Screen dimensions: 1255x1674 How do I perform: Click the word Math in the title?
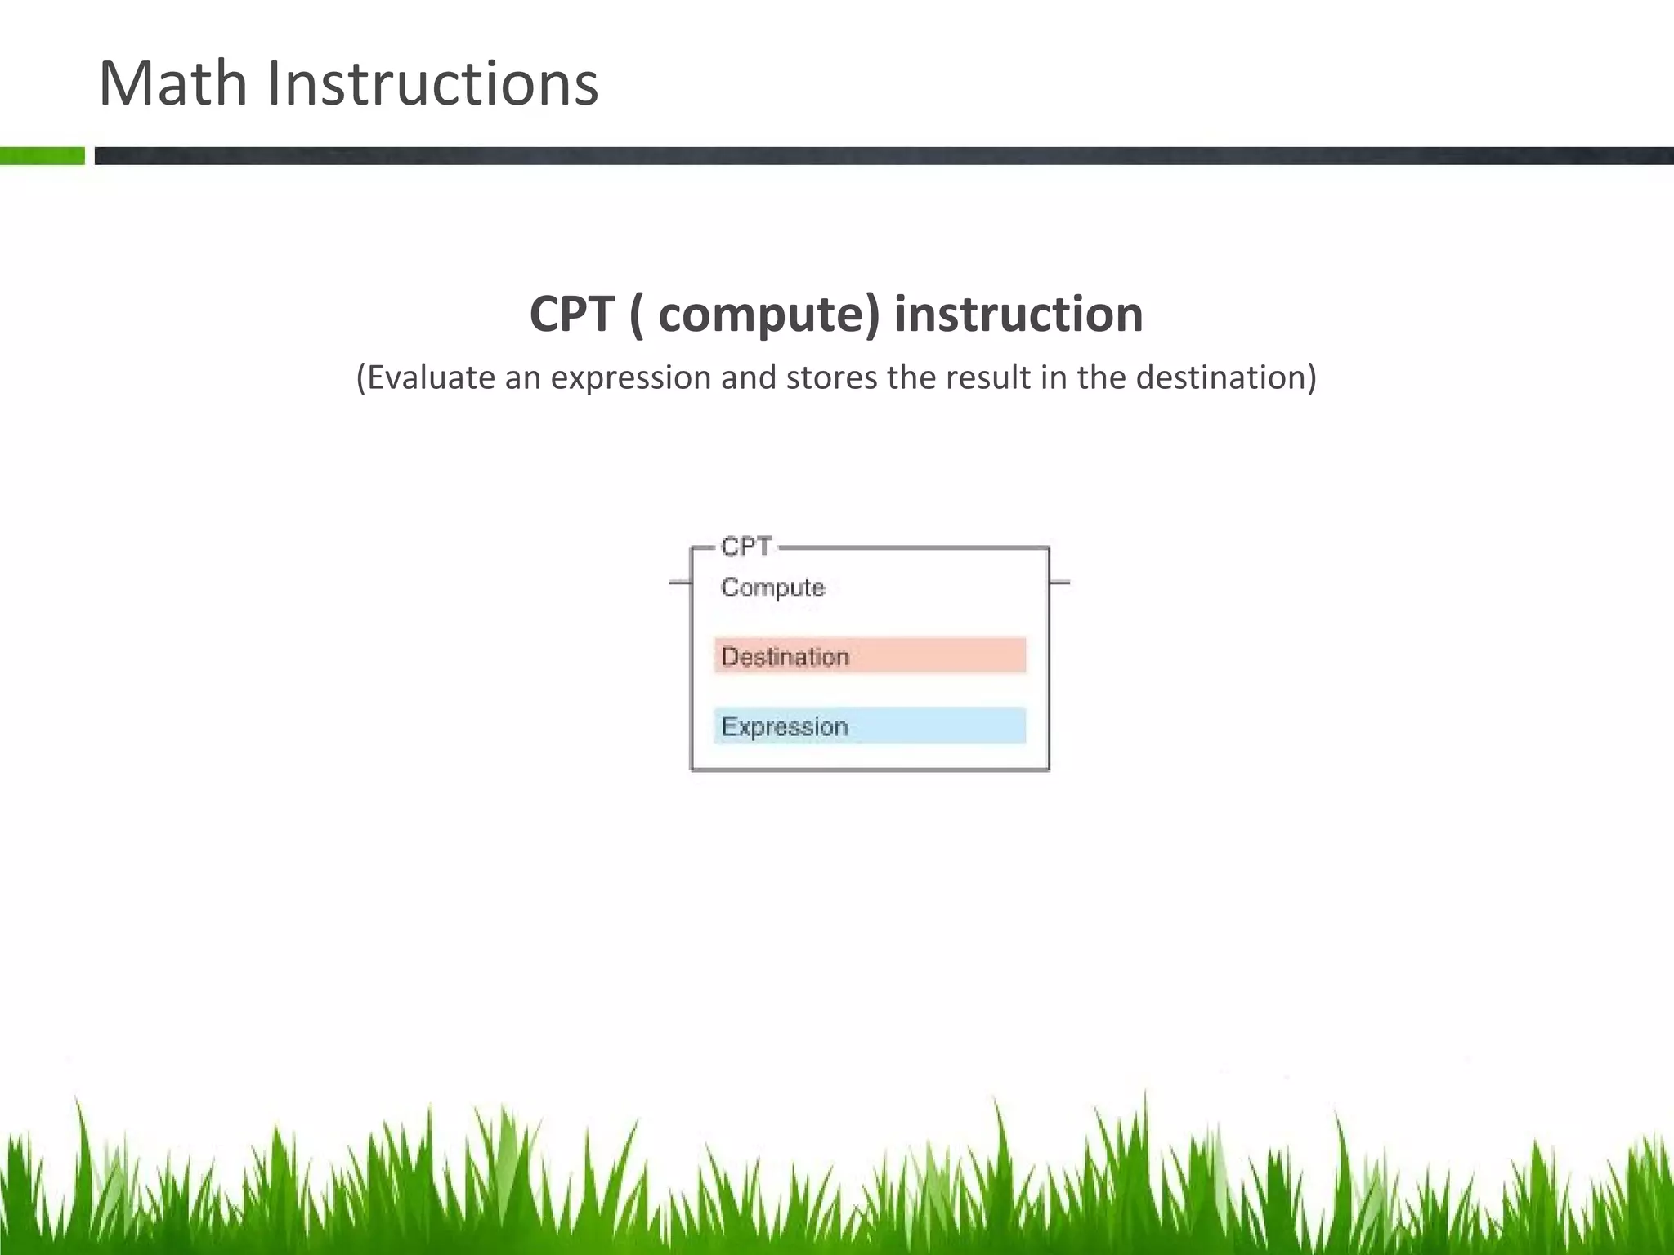(x=172, y=83)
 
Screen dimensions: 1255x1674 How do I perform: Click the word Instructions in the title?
(x=432, y=83)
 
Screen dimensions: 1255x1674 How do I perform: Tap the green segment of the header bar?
(x=42, y=155)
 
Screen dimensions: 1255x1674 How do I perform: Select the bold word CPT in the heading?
(x=571, y=314)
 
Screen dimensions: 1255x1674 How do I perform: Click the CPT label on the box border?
(x=745, y=547)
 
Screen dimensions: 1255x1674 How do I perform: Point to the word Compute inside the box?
(x=772, y=587)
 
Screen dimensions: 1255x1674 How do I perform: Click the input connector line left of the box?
(x=680, y=583)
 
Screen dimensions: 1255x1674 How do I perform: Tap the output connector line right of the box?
(x=1059, y=583)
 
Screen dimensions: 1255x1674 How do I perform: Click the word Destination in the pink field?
(x=785, y=657)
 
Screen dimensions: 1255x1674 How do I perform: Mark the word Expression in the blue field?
(x=785, y=726)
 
